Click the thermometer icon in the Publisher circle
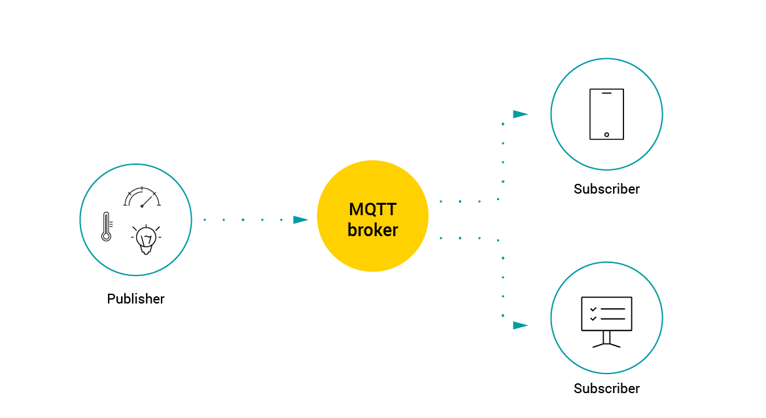point(106,226)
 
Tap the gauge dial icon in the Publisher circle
point(142,197)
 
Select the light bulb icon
point(146,239)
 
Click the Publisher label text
point(136,299)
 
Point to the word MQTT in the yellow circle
point(372,209)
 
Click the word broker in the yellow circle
point(372,230)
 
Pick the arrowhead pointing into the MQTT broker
point(300,220)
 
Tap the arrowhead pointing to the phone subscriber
point(520,114)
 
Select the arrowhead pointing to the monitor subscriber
point(520,325)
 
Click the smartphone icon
point(606,114)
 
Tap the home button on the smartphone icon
point(606,135)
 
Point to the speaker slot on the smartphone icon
point(606,94)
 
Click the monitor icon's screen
point(606,313)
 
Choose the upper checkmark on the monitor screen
point(593,309)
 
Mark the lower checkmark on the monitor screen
point(593,319)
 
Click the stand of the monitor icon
point(606,338)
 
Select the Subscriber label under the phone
point(606,189)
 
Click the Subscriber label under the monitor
point(606,389)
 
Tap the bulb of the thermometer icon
point(106,237)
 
